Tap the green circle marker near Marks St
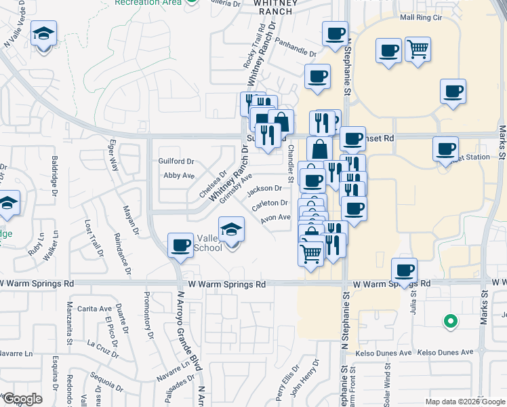click(449, 321)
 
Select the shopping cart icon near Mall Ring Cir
click(418, 48)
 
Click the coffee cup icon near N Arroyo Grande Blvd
click(180, 245)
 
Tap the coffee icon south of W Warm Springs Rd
click(405, 270)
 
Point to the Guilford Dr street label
click(176, 161)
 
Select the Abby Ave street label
click(179, 175)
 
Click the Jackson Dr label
click(264, 188)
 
